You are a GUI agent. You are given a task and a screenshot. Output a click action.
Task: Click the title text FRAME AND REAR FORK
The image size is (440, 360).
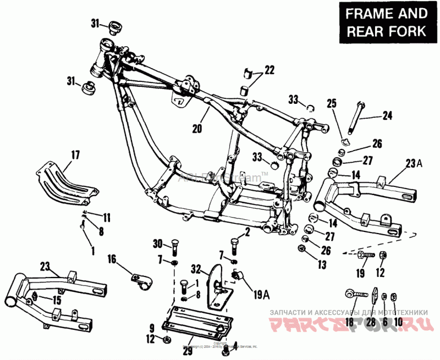(386, 22)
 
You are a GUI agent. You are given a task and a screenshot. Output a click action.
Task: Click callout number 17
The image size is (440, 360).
(75, 156)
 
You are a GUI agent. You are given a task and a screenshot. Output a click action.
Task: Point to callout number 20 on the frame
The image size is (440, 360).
(197, 129)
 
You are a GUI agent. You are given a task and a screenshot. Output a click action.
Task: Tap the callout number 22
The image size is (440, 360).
(269, 70)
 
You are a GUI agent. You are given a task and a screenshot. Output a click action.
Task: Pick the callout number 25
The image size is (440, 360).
(331, 103)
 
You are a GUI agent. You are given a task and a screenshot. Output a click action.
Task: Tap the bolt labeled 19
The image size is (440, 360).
(367, 254)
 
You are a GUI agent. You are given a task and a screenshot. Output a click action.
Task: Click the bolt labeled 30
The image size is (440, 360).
(174, 248)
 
